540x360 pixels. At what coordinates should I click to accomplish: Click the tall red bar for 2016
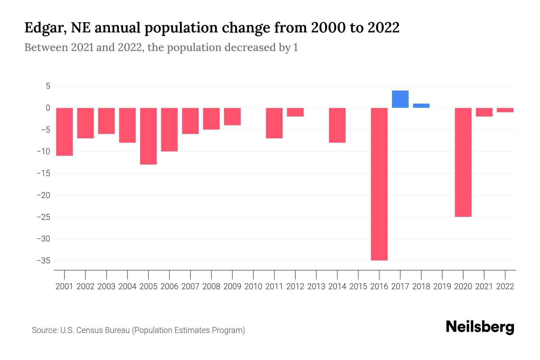point(379,184)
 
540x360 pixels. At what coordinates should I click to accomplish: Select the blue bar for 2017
point(400,99)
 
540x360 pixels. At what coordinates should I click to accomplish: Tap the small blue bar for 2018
point(421,106)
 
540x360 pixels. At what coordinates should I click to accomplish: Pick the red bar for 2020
point(463,162)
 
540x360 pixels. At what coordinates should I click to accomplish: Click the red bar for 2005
point(148,136)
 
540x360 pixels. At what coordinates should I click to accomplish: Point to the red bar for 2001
point(64,132)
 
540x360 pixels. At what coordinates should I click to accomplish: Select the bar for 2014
point(337,125)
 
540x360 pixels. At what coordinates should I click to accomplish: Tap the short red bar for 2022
point(505,110)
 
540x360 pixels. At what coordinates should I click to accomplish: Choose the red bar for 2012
point(295,112)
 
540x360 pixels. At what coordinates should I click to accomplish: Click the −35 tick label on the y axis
point(43,261)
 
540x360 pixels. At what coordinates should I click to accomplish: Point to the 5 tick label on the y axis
point(48,86)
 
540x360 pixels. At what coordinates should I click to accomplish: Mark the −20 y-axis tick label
point(43,195)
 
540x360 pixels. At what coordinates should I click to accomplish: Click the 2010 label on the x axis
point(253,286)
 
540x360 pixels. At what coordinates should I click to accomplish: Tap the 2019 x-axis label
point(442,286)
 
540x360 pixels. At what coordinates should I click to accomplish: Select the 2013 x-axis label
point(316,286)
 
